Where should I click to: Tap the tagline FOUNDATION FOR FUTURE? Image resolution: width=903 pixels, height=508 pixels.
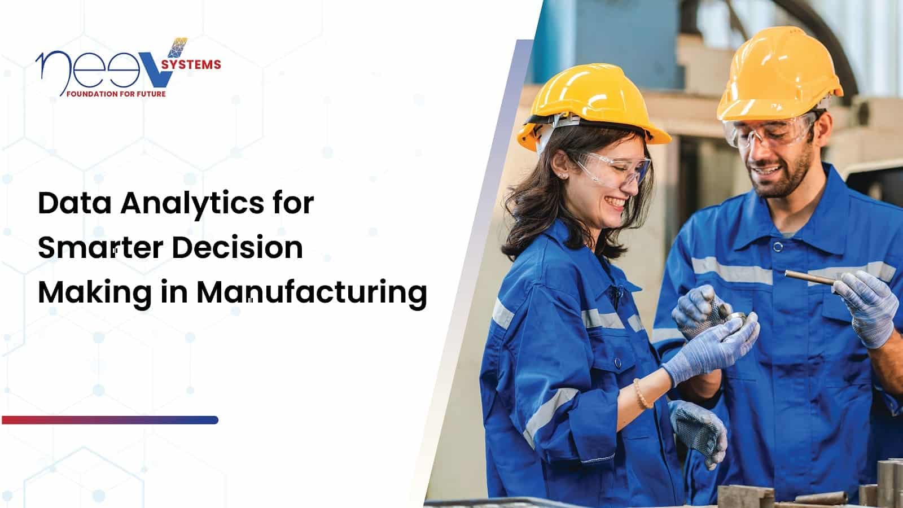pyautogui.click(x=116, y=94)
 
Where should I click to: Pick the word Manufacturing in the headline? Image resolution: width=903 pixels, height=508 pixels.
pyautogui.click(x=311, y=294)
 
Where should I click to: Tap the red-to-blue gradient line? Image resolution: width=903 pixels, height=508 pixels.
pyautogui.click(x=110, y=420)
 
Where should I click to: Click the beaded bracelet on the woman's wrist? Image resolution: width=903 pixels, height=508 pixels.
pyautogui.click(x=642, y=394)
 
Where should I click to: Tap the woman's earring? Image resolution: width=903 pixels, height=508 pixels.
pyautogui.click(x=562, y=176)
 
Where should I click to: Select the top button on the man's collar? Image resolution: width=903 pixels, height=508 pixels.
pyautogui.click(x=778, y=247)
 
